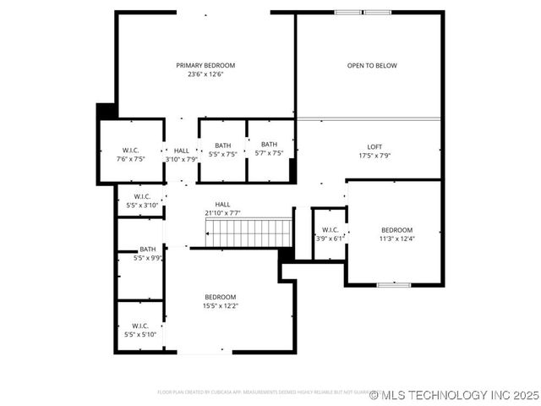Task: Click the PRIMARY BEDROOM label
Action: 205,65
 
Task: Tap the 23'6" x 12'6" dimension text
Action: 205,74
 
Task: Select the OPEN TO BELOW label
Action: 372,65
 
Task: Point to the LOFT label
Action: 374,147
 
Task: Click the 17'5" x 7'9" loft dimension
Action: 374,156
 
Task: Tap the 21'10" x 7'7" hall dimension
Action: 222,213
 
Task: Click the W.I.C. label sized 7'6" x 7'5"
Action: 131,150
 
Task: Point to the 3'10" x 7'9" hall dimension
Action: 182,158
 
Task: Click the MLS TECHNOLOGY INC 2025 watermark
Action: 454,395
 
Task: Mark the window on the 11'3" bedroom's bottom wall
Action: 393,285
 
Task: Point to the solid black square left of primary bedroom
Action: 106,111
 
